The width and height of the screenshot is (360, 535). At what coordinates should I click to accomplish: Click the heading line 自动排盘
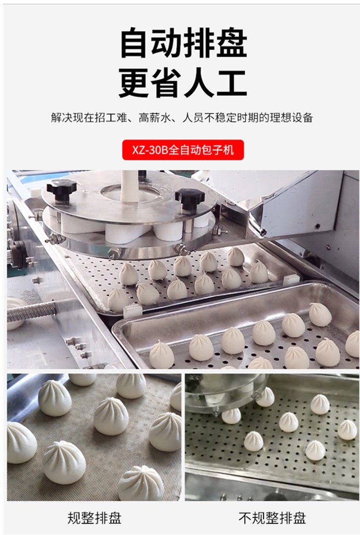pyautogui.click(x=183, y=43)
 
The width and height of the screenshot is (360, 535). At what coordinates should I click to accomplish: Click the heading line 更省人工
pyautogui.click(x=183, y=83)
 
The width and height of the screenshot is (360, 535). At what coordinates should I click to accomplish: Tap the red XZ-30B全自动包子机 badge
pyautogui.click(x=183, y=150)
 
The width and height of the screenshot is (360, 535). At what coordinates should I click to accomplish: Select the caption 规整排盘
pyautogui.click(x=95, y=518)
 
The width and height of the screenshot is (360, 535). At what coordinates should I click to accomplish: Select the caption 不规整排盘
pyautogui.click(x=272, y=518)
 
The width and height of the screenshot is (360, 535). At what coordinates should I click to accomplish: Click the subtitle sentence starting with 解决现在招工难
pyautogui.click(x=182, y=118)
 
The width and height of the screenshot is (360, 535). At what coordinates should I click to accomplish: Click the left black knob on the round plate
pyautogui.click(x=61, y=189)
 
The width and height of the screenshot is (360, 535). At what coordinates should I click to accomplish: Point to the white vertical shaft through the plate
pyautogui.click(x=130, y=186)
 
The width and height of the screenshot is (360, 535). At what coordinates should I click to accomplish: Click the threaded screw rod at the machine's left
pyautogui.click(x=32, y=311)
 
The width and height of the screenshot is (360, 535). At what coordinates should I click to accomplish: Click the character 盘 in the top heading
pyautogui.click(x=232, y=43)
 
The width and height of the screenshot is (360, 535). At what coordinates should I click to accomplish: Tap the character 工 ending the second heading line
pyautogui.click(x=232, y=83)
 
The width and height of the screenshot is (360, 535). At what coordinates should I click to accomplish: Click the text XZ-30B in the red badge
pyautogui.click(x=150, y=150)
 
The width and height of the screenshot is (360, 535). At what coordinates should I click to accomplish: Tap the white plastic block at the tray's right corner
pyautogui.click(x=291, y=280)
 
